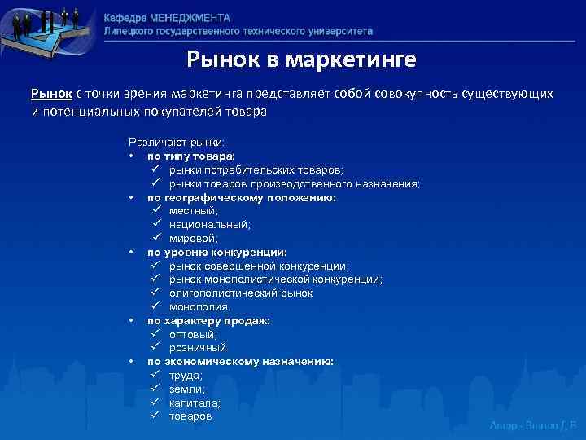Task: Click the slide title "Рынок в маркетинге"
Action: coord(301,59)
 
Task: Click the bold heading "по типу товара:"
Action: coord(190,156)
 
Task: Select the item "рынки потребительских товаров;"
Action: coord(256,169)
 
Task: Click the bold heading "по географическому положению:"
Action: coord(241,197)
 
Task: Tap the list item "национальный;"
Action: coord(210,224)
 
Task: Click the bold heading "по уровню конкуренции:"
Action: coord(216,252)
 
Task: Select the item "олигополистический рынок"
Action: coord(241,293)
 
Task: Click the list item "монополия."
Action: coord(199,306)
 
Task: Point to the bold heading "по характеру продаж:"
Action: coord(208,320)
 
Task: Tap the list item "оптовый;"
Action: coord(194,334)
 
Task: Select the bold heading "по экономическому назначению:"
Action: coord(240,361)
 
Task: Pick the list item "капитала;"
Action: coord(195,403)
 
